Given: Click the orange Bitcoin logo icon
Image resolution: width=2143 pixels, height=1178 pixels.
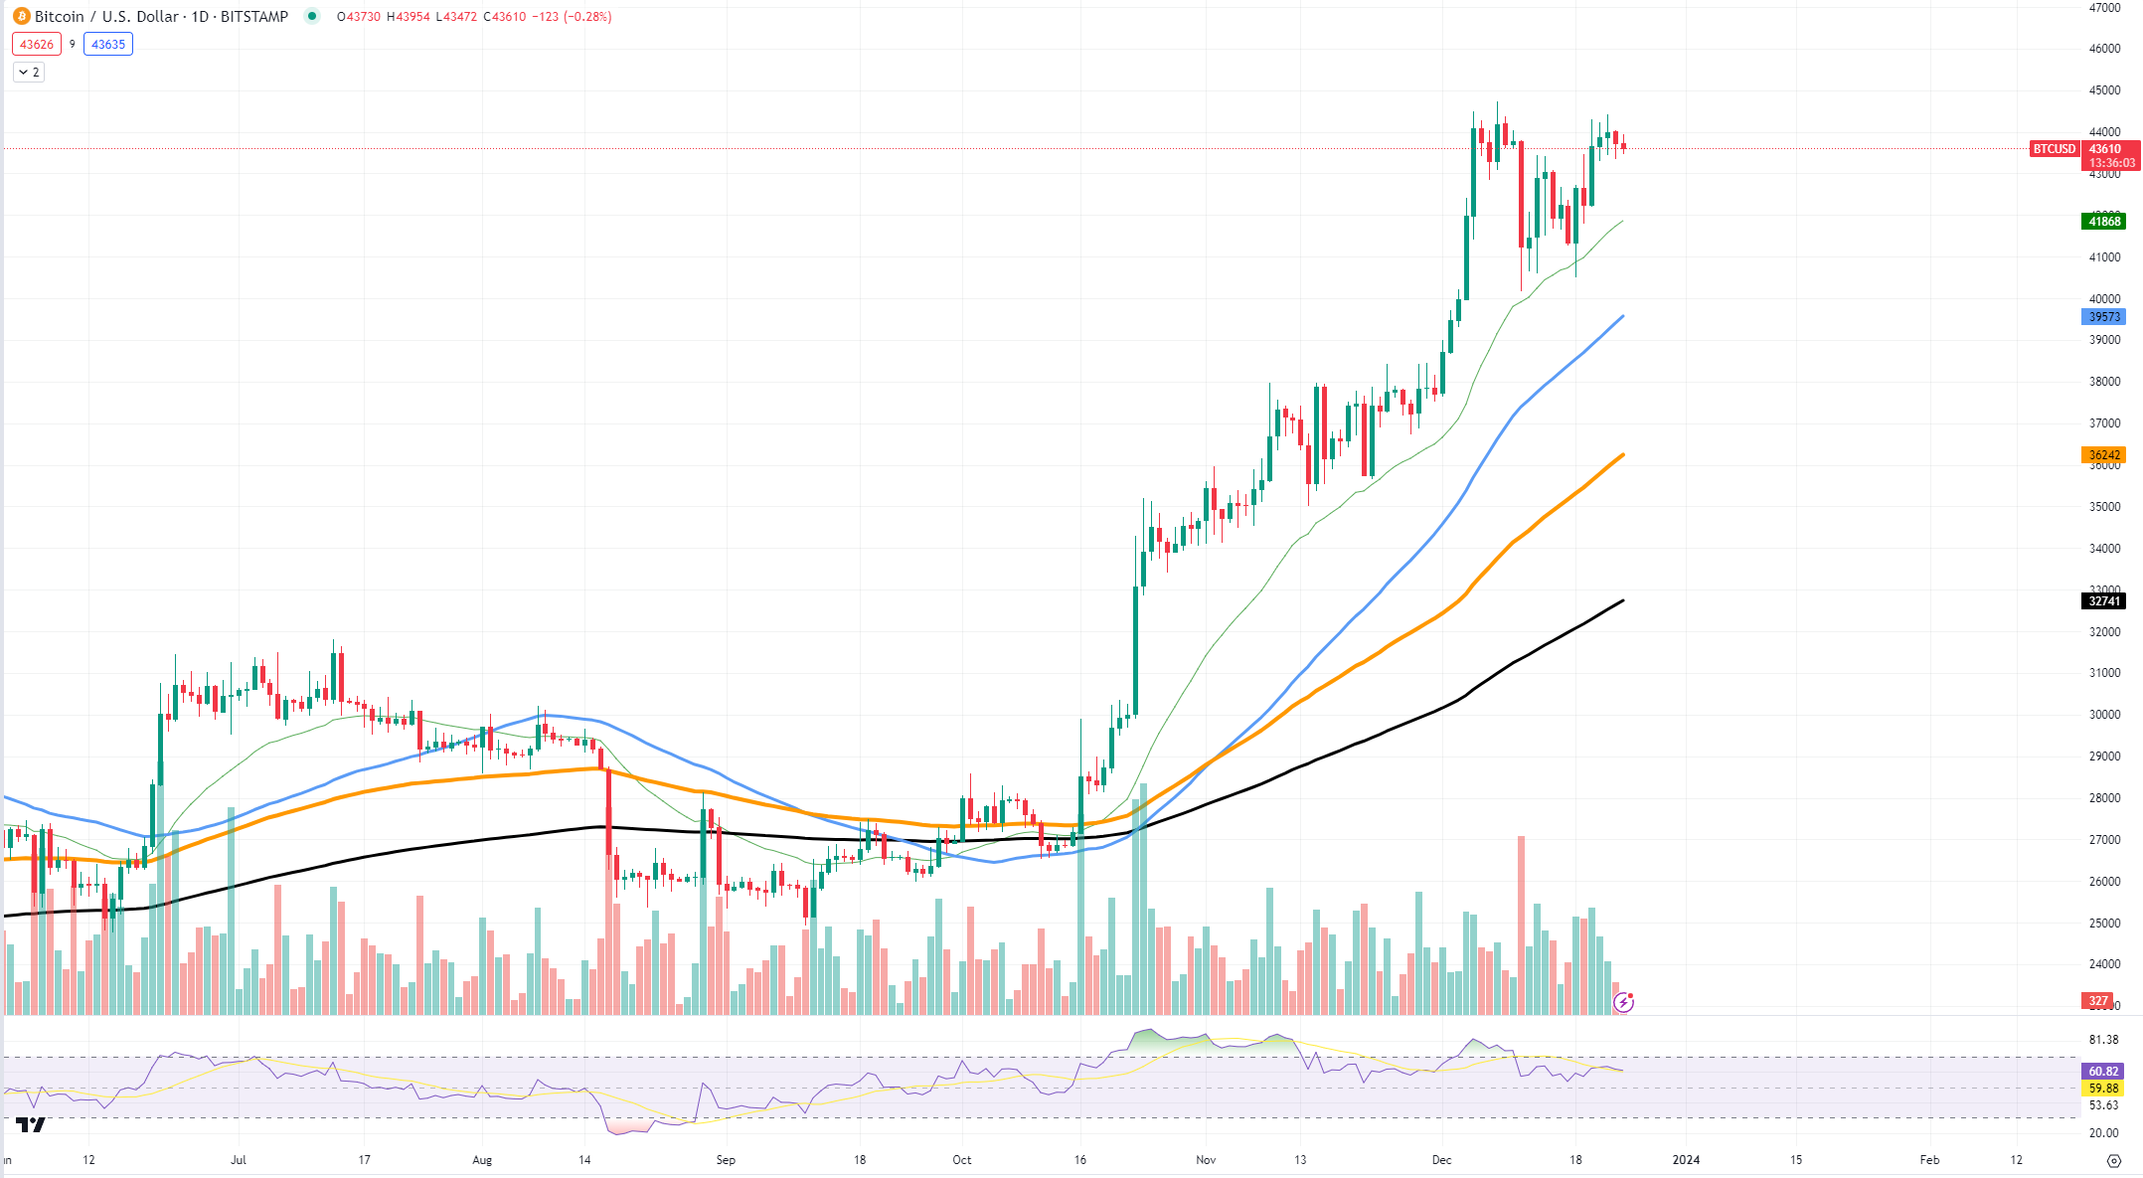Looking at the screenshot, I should pos(21,16).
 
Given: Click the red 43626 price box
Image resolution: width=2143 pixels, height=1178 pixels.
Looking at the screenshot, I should pos(37,44).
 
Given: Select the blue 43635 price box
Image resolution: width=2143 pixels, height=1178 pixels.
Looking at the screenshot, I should pos(108,44).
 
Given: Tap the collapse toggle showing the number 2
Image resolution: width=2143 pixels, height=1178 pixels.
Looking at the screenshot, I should pos(29,72).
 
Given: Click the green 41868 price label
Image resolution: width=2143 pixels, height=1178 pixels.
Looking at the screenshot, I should pos(2103,221).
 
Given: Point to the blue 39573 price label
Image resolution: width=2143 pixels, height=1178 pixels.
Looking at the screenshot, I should pos(2103,316).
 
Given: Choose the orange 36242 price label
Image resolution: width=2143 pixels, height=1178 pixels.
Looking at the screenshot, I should pos(2103,454).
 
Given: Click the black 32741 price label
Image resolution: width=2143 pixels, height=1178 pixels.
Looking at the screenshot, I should pos(2103,600).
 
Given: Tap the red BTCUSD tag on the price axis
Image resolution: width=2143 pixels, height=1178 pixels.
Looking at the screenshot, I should pos(2054,149).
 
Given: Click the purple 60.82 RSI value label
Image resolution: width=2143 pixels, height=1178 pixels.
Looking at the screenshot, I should pos(2103,1071).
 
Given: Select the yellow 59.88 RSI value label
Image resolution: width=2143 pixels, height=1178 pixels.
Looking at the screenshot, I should pos(2103,1088).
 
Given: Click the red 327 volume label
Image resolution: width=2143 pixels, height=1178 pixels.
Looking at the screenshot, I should pos(2097,1000).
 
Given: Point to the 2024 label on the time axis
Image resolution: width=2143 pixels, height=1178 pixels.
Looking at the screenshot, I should pos(1686,1159).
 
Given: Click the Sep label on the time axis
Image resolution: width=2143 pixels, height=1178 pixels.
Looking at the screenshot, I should pos(726,1159).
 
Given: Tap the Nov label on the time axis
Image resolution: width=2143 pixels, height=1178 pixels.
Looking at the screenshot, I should pos(1206,1159).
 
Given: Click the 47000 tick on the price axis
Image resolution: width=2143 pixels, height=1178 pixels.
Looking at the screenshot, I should pos(2104,8).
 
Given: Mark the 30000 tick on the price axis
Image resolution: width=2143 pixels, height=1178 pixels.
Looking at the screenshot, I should pos(2104,714).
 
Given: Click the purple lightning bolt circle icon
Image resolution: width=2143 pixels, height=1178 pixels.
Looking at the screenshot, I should pos(1623,1002).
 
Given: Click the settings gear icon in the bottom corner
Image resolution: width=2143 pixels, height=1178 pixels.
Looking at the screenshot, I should pos(2114,1160).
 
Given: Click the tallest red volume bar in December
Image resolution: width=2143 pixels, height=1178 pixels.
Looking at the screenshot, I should pos(1521,925).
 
